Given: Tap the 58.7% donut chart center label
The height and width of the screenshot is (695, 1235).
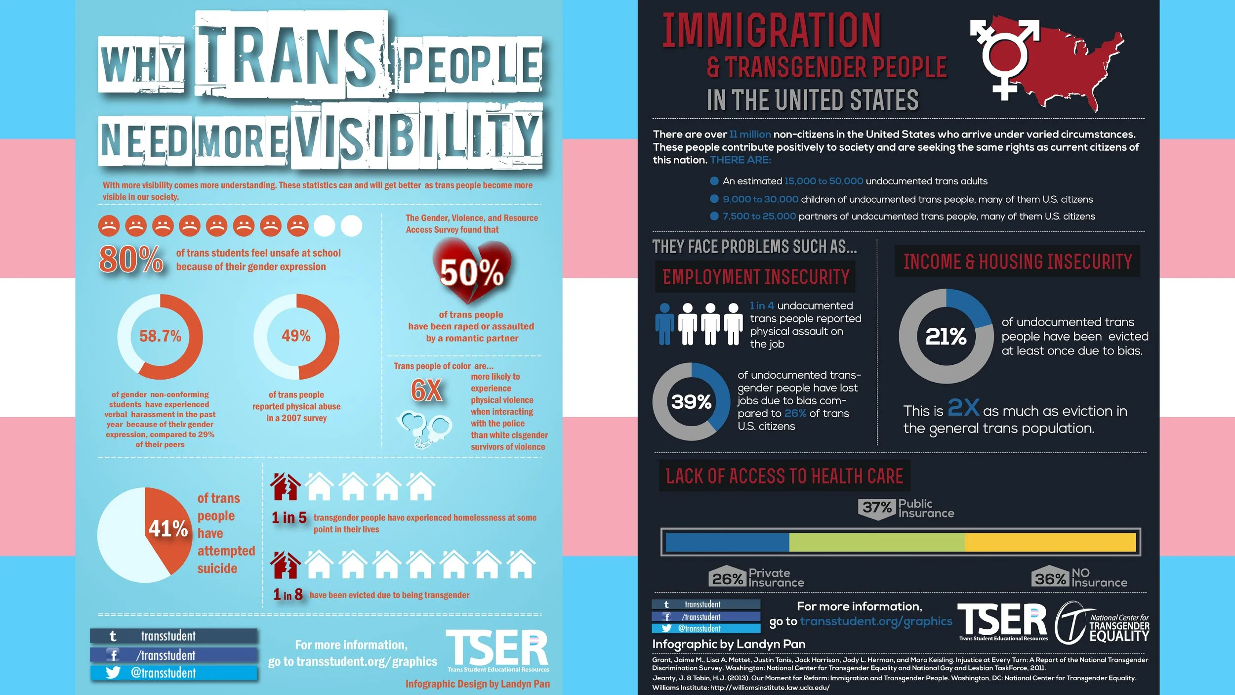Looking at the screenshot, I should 160,336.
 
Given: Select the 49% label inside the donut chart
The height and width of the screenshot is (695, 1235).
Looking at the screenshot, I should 296,336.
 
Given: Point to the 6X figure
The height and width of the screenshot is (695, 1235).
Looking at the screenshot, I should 426,391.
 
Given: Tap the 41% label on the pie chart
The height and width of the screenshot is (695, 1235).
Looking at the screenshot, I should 168,529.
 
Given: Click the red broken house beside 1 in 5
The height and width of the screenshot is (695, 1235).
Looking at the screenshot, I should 285,487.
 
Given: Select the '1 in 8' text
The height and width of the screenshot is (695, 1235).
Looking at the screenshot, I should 288,595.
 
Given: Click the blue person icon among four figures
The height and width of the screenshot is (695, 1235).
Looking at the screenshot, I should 664,324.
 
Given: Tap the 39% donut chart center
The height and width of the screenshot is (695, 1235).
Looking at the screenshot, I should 691,401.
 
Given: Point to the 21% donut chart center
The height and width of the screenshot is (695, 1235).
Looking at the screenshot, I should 946,336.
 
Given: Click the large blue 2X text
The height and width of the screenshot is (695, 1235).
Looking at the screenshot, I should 963,408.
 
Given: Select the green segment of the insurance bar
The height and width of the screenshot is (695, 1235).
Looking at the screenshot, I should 877,542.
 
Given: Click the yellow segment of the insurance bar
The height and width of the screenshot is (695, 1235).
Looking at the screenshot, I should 1050,542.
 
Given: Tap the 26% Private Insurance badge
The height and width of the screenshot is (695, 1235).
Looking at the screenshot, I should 727,577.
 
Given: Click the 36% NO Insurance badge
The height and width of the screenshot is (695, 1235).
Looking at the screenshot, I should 1050,577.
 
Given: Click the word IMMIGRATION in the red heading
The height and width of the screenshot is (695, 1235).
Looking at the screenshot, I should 771,31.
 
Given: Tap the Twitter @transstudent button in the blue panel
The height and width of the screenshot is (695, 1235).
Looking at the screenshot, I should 173,673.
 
